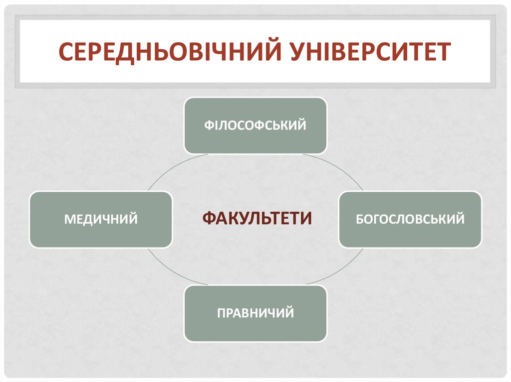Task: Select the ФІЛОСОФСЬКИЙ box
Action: click(x=255, y=126)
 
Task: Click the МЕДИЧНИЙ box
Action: click(x=101, y=219)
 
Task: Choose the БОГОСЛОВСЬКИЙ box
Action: click(x=410, y=219)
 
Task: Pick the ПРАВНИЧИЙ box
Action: click(x=255, y=313)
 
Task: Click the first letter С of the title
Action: click(x=65, y=52)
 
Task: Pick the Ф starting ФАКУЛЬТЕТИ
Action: click(x=209, y=218)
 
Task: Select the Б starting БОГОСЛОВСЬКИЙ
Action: click(x=359, y=219)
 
